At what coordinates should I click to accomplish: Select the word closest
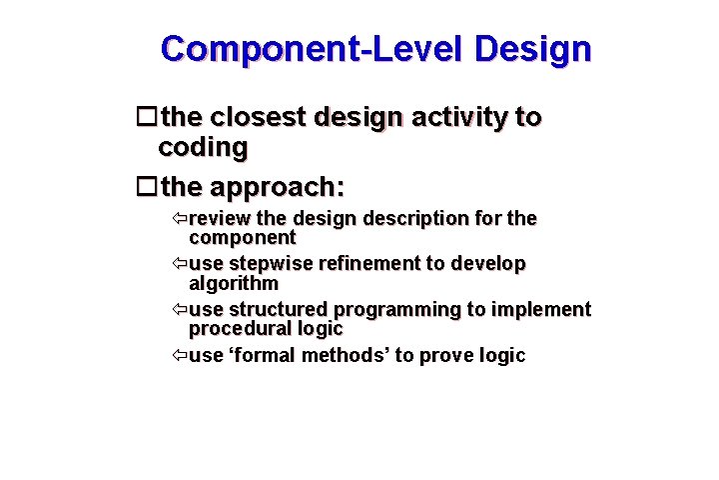pyautogui.click(x=258, y=118)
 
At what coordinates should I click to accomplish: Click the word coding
pyautogui.click(x=203, y=148)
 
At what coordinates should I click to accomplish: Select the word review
pyautogui.click(x=220, y=218)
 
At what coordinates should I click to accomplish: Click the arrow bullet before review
pyautogui.click(x=178, y=218)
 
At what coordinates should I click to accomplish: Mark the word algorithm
pyautogui.click(x=234, y=283)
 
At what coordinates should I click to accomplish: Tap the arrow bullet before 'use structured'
pyautogui.click(x=178, y=310)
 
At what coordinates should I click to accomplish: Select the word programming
pyautogui.click(x=411, y=310)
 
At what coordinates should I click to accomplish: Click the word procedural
pyautogui.click(x=238, y=329)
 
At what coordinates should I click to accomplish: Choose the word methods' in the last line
pyautogui.click(x=348, y=356)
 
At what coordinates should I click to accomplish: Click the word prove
pyautogui.click(x=446, y=356)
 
